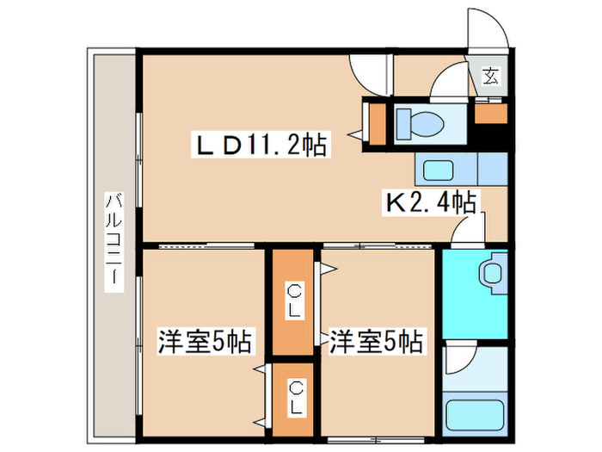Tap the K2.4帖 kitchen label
pos(430,203)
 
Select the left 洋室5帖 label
pos(204,342)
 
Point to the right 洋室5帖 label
pos(376,342)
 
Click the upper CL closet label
pos(294,301)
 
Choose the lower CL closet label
pos(294,397)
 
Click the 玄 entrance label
pos(489,77)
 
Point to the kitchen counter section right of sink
pos(491,168)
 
